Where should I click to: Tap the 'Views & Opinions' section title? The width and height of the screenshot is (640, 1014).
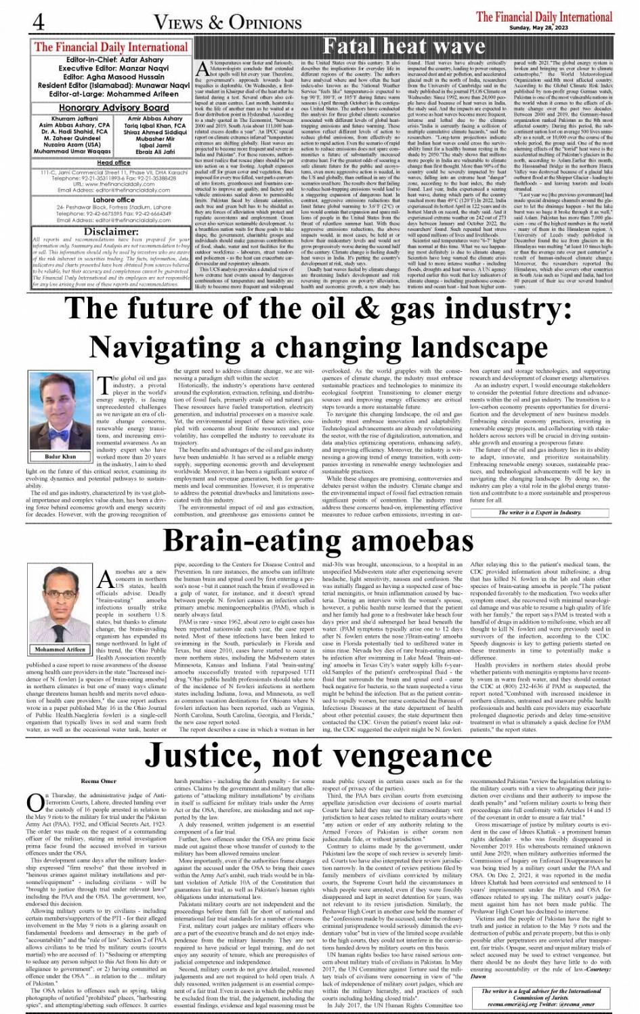tap(227, 22)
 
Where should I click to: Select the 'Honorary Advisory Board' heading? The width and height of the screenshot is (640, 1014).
tap(113, 108)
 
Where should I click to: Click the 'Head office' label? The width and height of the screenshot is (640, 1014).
tap(113, 163)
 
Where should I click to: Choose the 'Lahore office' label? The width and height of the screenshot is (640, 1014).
tap(113, 200)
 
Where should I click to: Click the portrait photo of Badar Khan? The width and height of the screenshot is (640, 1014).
tap(60, 410)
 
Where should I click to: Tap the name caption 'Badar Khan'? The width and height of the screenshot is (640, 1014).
tap(60, 456)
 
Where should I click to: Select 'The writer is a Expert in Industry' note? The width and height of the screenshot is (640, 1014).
tap(530, 513)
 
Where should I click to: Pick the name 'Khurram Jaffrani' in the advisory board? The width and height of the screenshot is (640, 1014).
tap(74, 119)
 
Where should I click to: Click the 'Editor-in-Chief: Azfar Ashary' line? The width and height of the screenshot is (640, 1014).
tap(113, 60)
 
